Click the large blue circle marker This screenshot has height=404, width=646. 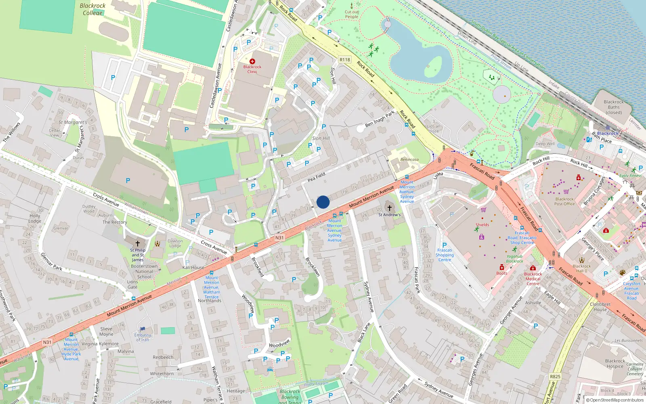(323, 202)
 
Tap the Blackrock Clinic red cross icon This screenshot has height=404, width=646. (252, 61)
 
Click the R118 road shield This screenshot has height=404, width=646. (344, 59)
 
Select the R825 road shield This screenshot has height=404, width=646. (555, 376)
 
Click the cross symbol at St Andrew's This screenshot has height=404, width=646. (389, 208)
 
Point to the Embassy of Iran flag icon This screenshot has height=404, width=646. (142, 329)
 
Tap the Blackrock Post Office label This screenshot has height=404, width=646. (564, 201)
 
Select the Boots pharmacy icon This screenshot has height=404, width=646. (502, 267)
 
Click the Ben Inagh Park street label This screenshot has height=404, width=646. (380, 119)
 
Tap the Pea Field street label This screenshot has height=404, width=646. (317, 177)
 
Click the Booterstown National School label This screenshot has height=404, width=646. (144, 271)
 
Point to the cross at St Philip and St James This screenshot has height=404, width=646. (138, 244)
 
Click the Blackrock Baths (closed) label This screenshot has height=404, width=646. (614, 107)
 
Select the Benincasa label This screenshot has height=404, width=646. (409, 160)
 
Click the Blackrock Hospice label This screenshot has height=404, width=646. (615, 364)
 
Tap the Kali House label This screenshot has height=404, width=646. (193, 267)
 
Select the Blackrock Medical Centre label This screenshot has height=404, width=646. (533, 279)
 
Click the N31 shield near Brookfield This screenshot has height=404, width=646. (279, 238)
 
